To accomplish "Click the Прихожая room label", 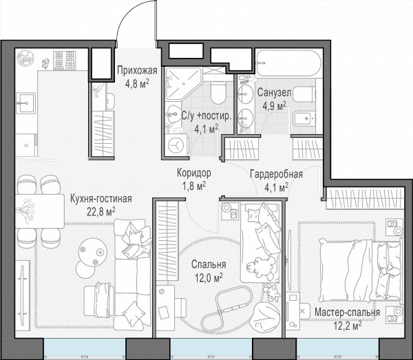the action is click(x=137, y=71).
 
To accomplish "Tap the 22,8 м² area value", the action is click(x=101, y=211).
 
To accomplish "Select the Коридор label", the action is click(x=194, y=173).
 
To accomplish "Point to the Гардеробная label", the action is click(x=276, y=174).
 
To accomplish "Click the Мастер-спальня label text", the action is click(x=348, y=313).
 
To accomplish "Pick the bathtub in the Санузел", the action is click(x=288, y=63).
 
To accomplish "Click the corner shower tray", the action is click(x=182, y=83).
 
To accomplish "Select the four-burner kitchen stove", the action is click(x=65, y=61).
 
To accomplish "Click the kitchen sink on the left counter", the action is click(x=25, y=103).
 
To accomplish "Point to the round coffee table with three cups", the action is click(x=93, y=251).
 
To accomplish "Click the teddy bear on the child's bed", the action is click(x=260, y=267).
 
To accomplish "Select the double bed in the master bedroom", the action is click(x=361, y=270).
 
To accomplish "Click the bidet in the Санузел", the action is click(x=304, y=118).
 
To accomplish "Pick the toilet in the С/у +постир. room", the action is click(x=218, y=93).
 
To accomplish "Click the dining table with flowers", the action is click(x=40, y=211).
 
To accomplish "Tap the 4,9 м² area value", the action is click(x=275, y=106).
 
